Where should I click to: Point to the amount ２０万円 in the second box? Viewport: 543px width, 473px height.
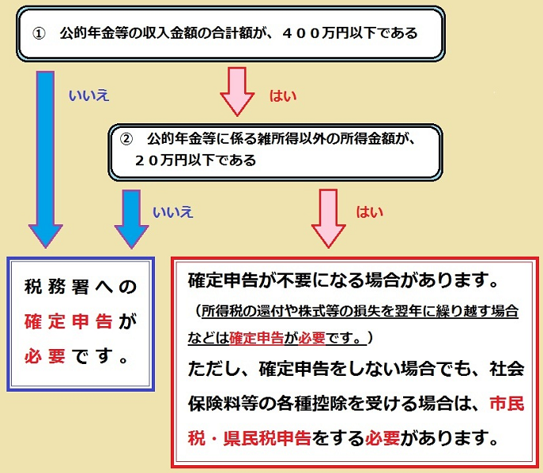click(161, 159)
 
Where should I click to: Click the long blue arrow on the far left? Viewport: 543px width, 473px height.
click(47, 158)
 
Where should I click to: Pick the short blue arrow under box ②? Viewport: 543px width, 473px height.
click(130, 216)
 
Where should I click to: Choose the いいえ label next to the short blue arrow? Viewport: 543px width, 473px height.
click(172, 212)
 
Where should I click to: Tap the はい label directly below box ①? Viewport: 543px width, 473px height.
click(283, 96)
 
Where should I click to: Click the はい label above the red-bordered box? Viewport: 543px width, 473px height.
click(369, 212)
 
